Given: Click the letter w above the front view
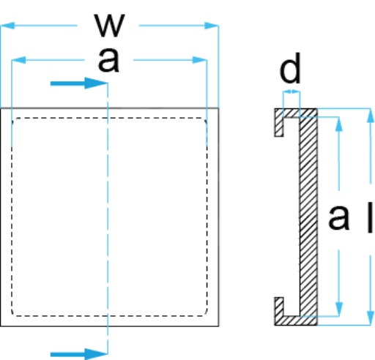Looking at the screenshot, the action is [110, 26].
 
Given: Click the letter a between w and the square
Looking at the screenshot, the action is [108, 60].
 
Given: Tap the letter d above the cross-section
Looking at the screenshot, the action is [290, 68].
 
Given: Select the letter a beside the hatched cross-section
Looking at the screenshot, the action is [338, 217].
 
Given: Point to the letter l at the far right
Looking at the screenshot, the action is [370, 217].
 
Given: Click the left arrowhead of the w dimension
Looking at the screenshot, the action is [7, 26].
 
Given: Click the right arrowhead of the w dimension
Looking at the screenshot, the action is [212, 26].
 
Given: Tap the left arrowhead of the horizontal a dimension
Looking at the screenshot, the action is [19, 60].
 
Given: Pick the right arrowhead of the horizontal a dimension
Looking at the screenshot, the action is [200, 60].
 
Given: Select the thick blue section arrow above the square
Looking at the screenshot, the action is [79, 83].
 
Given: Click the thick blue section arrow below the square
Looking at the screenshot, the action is [79, 354].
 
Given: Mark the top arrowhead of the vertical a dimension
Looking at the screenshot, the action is [338, 124].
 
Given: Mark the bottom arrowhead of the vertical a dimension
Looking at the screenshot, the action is [338, 309].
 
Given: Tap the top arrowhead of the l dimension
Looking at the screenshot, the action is [371, 115].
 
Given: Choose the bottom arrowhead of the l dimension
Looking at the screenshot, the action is [371, 318].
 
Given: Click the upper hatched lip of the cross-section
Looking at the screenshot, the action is [279, 122].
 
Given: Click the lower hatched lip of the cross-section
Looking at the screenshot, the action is [279, 311].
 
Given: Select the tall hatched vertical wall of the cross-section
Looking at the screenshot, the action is [308, 217].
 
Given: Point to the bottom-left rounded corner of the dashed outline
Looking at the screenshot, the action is [13, 314].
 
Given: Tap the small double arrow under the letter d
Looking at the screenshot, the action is [292, 91].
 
